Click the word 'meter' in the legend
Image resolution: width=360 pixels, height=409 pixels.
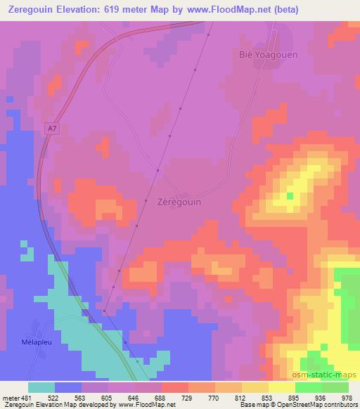[10, 397]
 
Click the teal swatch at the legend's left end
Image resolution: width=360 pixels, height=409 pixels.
[41, 387]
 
